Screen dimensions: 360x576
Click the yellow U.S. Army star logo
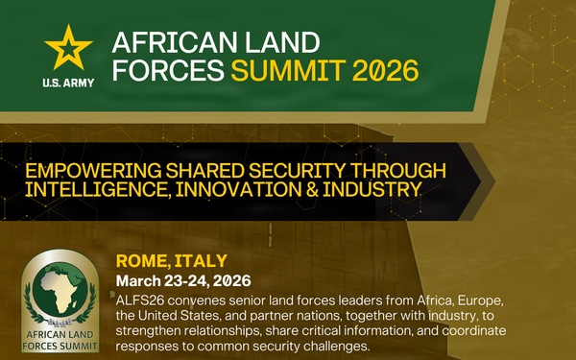coord(68,49)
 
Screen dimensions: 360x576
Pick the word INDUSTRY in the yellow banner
coord(369,189)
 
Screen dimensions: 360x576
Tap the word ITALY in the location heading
coord(202,261)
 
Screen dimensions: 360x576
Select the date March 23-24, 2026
coord(182,280)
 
